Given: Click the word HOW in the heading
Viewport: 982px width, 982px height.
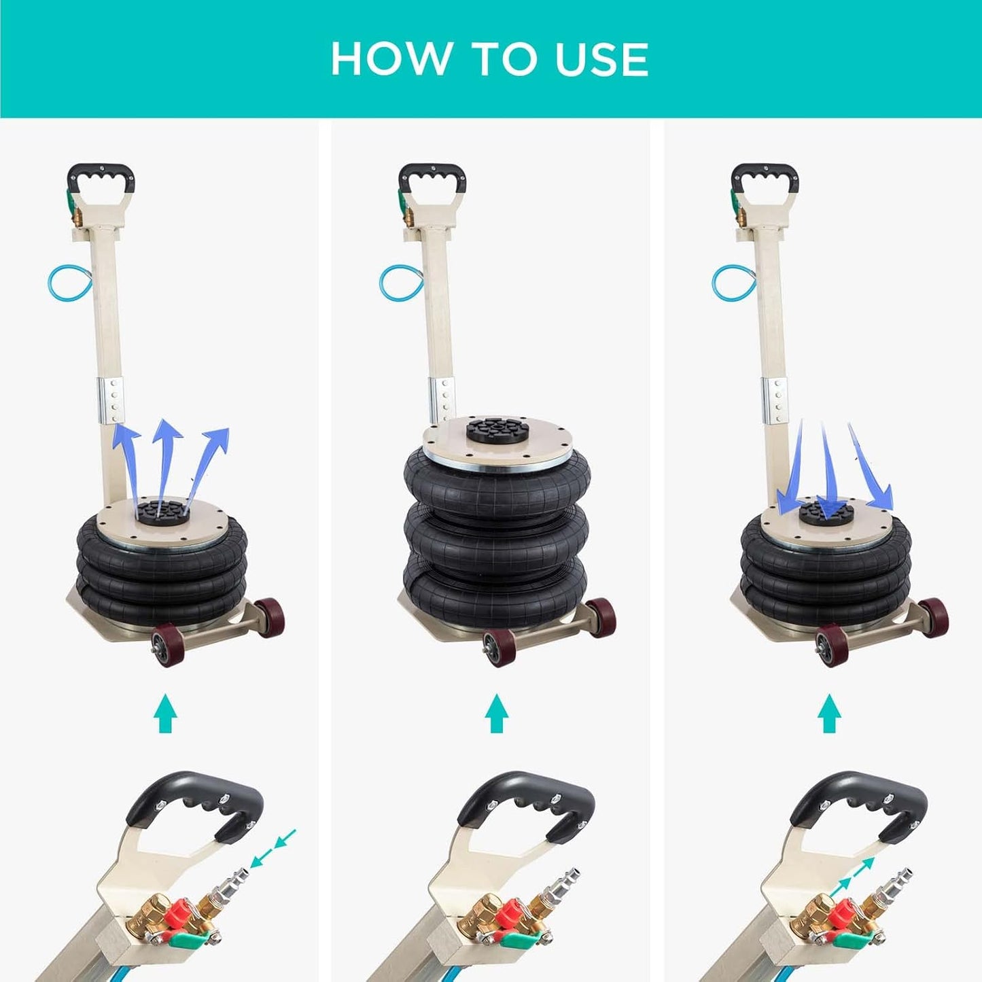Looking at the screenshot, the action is pyautogui.click(x=390, y=58).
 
